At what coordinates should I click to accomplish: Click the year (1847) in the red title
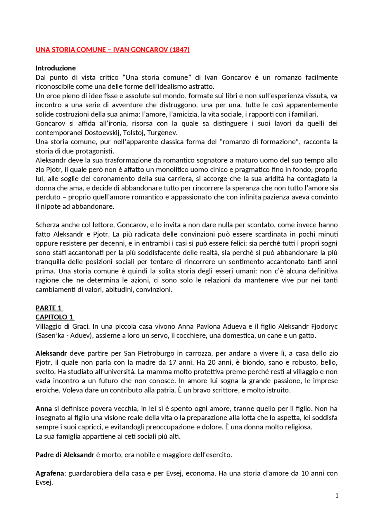[180, 50]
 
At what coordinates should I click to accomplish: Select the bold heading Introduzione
[56, 68]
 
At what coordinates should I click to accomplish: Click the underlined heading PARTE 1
[49, 308]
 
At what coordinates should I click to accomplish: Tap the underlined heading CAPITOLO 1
[54, 317]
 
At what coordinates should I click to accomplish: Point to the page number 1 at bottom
[337, 496]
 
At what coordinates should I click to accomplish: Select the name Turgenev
[162, 133]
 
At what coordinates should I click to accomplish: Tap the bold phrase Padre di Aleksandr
[65, 455]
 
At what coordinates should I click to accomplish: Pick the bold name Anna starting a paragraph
[44, 409]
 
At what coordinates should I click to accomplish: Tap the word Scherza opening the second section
[46, 225]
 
